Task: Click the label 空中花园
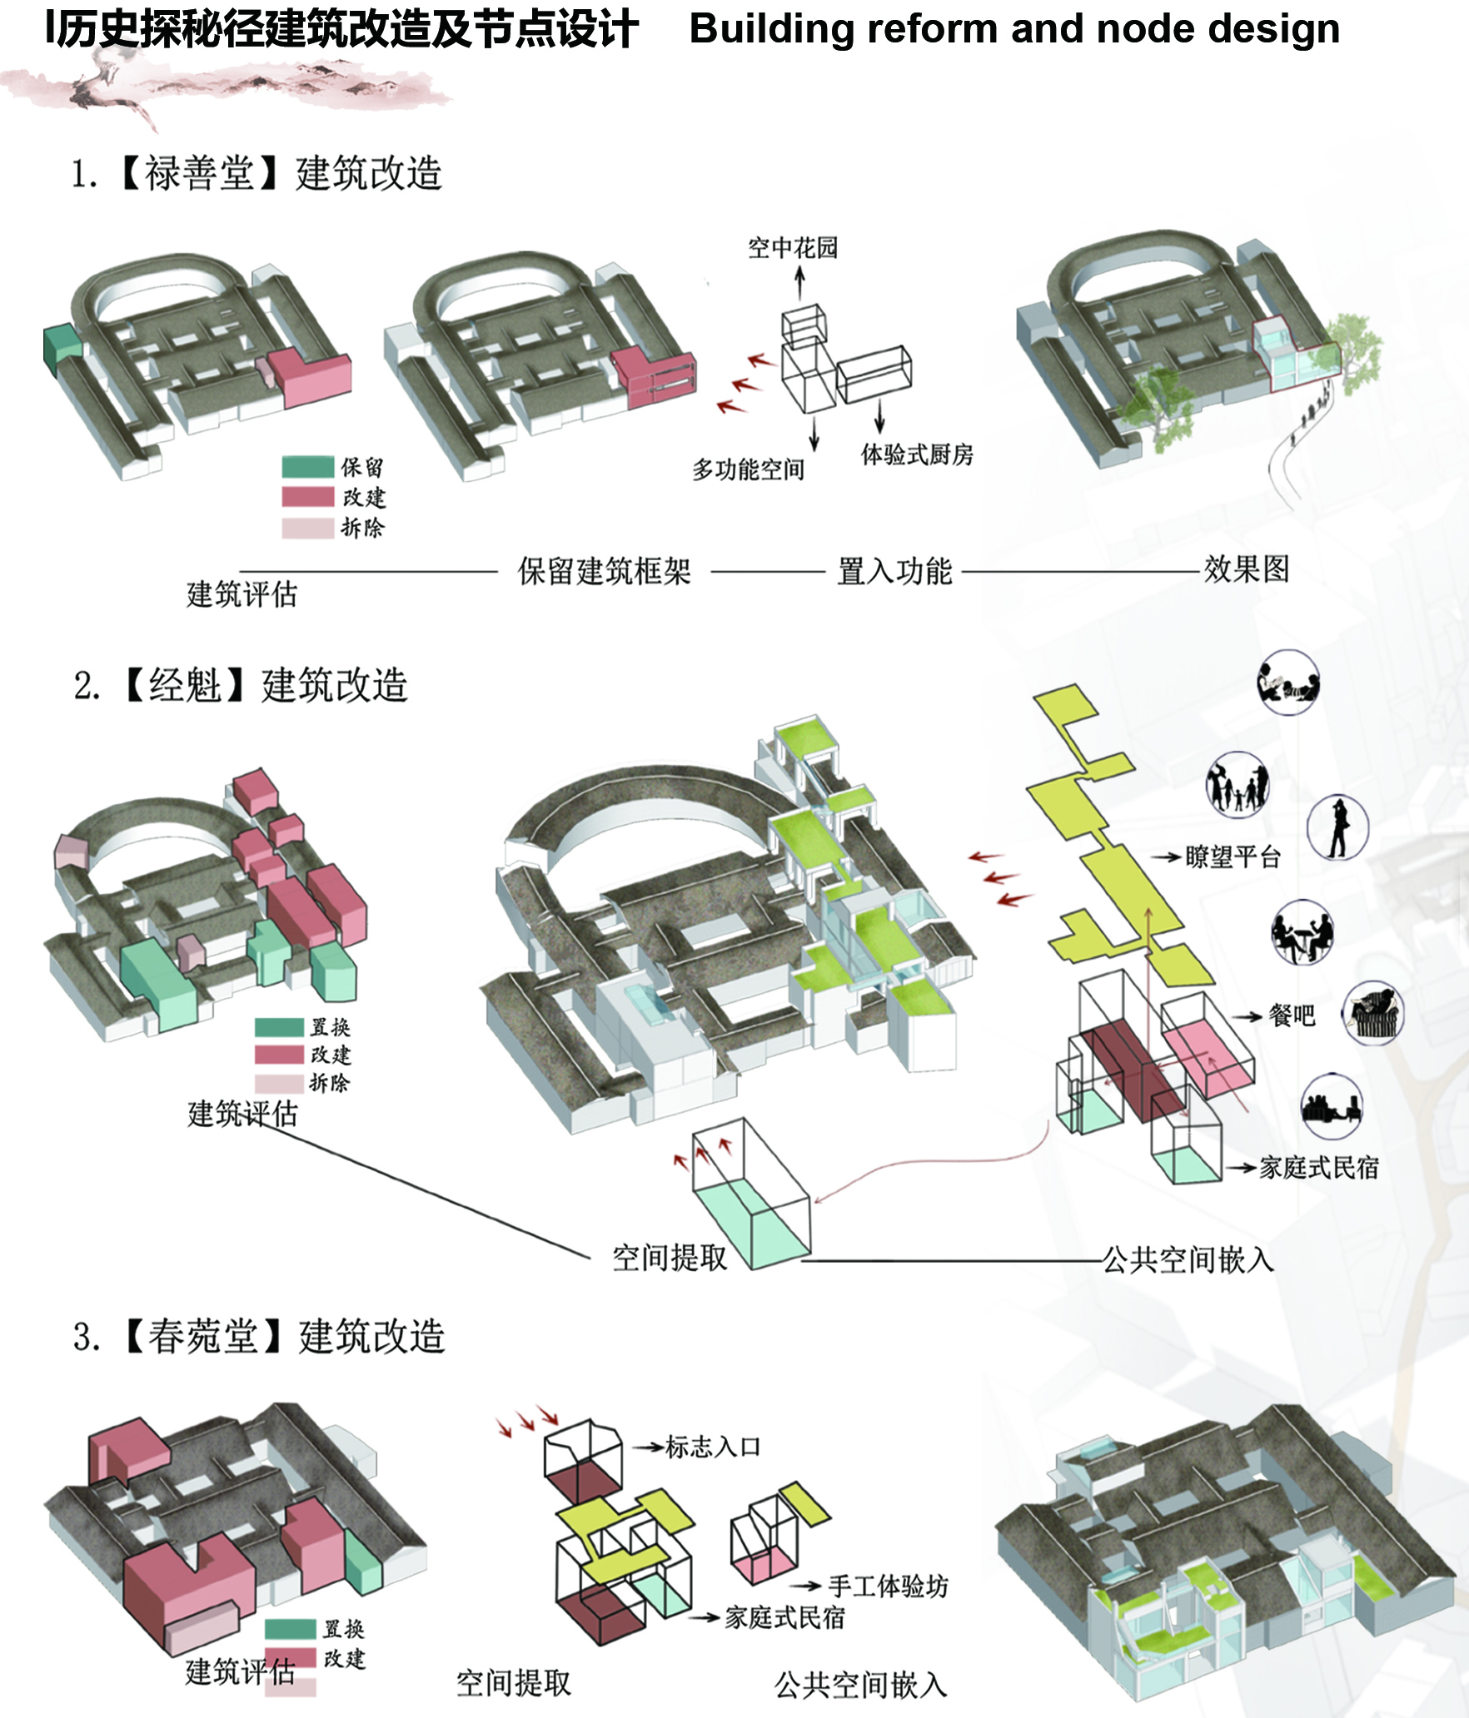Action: click(792, 248)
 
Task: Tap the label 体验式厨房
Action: click(917, 454)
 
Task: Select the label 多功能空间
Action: click(748, 470)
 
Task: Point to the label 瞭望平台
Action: click(1232, 857)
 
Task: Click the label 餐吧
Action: click(1292, 1015)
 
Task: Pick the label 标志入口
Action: click(713, 1447)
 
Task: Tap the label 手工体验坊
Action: click(888, 1586)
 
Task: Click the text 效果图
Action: click(1246, 569)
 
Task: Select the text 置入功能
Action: click(894, 571)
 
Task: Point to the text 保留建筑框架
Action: click(604, 571)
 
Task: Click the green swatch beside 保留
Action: click(307, 467)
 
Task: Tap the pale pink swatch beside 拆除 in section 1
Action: click(307, 528)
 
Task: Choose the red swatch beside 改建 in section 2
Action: click(279, 1055)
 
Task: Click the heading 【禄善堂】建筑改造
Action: click(281, 174)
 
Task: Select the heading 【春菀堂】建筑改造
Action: click(284, 1337)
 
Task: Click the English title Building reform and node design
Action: click(1014, 29)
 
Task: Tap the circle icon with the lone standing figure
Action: click(1337, 827)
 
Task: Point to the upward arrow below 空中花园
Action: click(799, 283)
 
